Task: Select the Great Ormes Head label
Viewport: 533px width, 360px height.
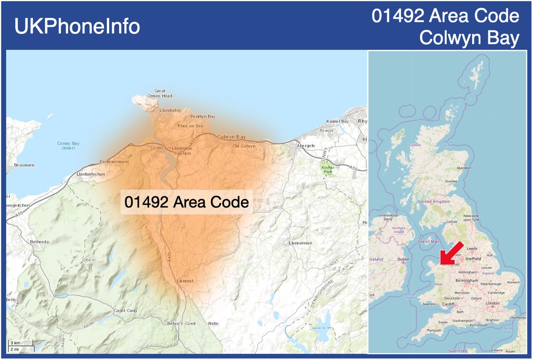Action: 160,93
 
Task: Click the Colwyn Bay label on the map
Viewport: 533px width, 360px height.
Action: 231,137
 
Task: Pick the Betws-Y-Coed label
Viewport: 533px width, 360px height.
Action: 181,323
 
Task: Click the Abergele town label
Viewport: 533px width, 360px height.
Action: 306,146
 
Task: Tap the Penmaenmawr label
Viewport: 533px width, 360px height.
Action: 115,162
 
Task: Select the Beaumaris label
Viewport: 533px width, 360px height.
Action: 24,165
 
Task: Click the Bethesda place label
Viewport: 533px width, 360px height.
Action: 39,242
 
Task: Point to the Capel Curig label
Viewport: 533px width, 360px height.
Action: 126,310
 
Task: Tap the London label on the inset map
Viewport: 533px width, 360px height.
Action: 492,303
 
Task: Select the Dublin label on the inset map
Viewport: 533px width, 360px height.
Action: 404,259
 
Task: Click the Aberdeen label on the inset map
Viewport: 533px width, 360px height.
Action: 464,168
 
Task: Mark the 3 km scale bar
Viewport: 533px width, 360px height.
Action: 15,343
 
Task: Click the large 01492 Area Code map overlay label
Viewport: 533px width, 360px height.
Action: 187,202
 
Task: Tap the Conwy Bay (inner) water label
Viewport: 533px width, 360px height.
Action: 68,146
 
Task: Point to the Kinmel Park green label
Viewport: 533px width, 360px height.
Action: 327,169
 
